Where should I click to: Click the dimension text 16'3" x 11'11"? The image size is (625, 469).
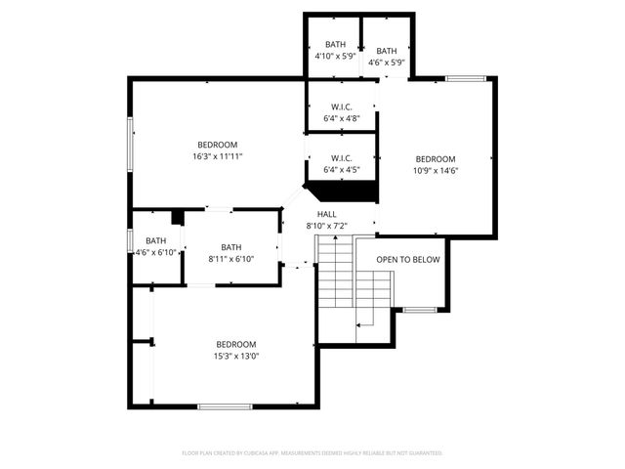pos(217,155)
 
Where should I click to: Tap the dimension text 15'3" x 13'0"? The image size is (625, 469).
pos(235,356)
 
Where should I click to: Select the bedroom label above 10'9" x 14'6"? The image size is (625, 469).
pos(435,159)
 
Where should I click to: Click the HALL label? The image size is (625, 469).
pos(326,214)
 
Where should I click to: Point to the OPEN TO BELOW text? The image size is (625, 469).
pos(408,259)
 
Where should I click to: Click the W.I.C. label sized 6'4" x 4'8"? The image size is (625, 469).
pos(341,107)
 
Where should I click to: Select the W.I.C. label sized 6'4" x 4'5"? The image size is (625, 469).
pos(341,158)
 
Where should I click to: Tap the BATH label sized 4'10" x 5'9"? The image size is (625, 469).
pos(335,45)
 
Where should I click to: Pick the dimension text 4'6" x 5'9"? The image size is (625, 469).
pos(386,63)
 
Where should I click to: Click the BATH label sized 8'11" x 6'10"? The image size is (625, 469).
pos(230,247)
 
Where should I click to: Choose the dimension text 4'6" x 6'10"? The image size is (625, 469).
pos(156,252)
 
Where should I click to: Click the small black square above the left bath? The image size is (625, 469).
pos(178,217)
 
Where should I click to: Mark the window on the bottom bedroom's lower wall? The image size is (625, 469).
pos(225,405)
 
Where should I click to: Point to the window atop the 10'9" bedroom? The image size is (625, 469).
pos(465,78)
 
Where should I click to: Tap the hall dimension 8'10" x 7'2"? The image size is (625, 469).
pos(326,226)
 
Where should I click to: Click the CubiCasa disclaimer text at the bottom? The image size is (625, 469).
pos(312,453)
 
